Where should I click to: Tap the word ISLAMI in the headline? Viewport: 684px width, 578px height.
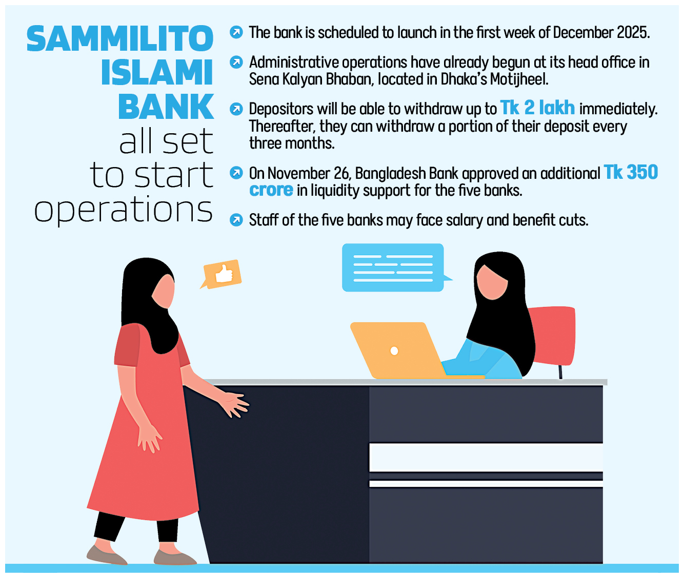pos(157,72)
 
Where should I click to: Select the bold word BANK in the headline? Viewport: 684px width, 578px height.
pos(166,107)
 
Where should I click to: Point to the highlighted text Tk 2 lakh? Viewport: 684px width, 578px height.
pos(537,108)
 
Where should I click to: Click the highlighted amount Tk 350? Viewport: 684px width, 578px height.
pos(631,172)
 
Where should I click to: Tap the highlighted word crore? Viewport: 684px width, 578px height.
pos(271,190)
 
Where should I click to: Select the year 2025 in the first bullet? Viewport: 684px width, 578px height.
pos(633,32)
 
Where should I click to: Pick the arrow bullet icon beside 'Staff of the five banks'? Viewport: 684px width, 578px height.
pos(236,220)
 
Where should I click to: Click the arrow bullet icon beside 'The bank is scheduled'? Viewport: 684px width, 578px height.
pos(236,32)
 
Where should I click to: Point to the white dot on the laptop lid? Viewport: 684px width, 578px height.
pos(394,351)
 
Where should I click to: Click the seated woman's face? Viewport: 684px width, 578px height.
pos(491,282)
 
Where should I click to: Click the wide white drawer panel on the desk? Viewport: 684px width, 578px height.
pos(486,458)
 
